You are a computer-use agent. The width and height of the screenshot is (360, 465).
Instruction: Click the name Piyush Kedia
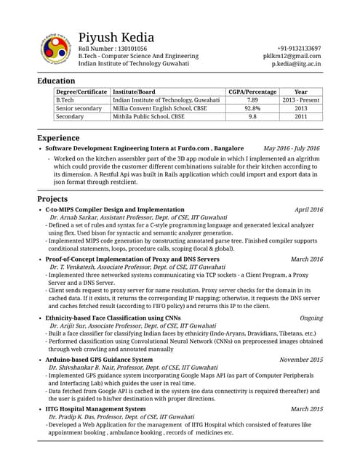pyautogui.click(x=121, y=38)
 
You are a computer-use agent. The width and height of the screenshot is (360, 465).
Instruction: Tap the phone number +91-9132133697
pyautogui.click(x=295, y=48)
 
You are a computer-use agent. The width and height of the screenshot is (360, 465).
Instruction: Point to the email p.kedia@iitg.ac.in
pyautogui.click(x=296, y=64)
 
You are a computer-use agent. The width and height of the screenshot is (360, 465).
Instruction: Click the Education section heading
pyautogui.click(x=56, y=81)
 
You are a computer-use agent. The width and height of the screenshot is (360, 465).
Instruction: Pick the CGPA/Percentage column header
pyautogui.click(x=252, y=92)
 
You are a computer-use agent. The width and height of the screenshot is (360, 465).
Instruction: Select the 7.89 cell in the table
pyautogui.click(x=252, y=100)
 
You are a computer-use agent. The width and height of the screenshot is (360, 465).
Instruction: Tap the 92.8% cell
pyautogui.click(x=252, y=108)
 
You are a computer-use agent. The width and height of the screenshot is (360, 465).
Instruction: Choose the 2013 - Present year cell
pyautogui.click(x=300, y=100)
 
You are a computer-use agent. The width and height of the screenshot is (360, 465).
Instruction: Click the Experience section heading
pyautogui.click(x=59, y=137)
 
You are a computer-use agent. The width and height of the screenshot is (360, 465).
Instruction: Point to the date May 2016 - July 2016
pyautogui.click(x=291, y=148)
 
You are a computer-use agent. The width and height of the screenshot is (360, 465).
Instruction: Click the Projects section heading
pyautogui.click(x=54, y=198)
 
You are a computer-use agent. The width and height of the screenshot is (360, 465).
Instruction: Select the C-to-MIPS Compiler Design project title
pyautogui.click(x=115, y=209)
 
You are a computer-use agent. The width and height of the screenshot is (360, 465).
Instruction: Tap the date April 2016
pyautogui.click(x=308, y=209)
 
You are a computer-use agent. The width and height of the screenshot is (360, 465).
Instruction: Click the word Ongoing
pyautogui.click(x=311, y=318)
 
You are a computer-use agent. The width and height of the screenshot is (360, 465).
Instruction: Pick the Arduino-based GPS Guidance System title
pyautogui.click(x=99, y=360)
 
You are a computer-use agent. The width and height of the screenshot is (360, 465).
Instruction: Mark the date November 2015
pyautogui.click(x=301, y=360)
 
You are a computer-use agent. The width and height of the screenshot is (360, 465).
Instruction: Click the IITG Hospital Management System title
pyautogui.click(x=95, y=409)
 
